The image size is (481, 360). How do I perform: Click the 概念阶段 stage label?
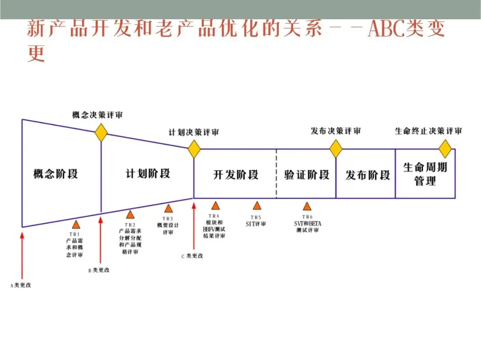pos(56,173)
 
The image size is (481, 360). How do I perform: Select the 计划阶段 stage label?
pos(148,173)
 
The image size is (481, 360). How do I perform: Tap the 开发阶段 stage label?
pos(236,174)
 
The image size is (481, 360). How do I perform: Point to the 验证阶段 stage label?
pos(307,174)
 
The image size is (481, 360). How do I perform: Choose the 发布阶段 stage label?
pos(367,175)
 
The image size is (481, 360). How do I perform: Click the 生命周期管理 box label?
pos(425,174)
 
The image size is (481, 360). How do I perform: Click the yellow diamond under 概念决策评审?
pos(102,133)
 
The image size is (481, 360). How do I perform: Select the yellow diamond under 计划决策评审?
pos(194,149)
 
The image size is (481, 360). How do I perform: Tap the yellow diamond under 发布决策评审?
pos(336,149)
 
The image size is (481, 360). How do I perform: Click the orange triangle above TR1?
pos(76,225)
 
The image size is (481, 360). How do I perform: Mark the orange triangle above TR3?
pos(168,208)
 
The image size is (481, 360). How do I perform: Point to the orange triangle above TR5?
pos(257,205)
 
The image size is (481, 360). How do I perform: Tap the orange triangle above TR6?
pos(307,206)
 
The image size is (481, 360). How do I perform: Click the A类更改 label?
pos(21,285)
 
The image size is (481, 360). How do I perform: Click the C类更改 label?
pos(192,256)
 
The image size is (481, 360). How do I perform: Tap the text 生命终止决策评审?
pos(428,131)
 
